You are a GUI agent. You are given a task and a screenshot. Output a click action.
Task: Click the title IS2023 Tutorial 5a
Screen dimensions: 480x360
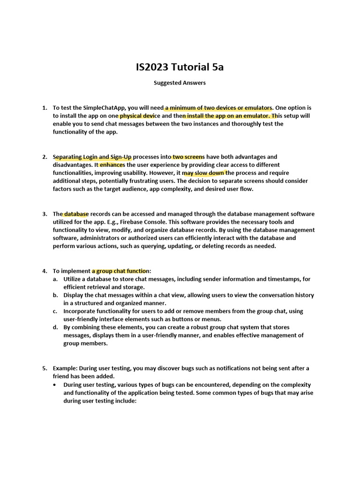tap(180, 67)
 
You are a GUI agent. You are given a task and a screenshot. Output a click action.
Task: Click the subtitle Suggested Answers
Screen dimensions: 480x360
tap(180, 83)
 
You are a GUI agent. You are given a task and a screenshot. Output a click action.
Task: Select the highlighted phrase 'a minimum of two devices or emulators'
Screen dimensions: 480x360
tap(218, 108)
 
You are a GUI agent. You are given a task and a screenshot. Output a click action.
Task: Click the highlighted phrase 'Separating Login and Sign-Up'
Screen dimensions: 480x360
tap(92, 157)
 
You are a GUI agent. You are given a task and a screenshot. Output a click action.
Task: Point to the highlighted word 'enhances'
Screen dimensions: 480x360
tap(112, 165)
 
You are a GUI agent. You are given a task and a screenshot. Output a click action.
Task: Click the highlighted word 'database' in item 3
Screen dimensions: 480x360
tap(76, 214)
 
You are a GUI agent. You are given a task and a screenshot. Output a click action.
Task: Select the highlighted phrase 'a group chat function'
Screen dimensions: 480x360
tap(120, 271)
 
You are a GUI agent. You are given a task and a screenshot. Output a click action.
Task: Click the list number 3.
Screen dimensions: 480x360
tap(45, 214)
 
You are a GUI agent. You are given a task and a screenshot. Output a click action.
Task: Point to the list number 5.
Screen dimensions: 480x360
tap(45, 368)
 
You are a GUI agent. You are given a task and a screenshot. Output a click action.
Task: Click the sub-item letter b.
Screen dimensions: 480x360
tap(55, 295)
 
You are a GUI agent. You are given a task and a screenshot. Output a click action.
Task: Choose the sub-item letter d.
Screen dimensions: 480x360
tap(55, 328)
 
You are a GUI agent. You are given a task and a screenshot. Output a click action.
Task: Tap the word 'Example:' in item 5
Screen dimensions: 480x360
tap(65, 368)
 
